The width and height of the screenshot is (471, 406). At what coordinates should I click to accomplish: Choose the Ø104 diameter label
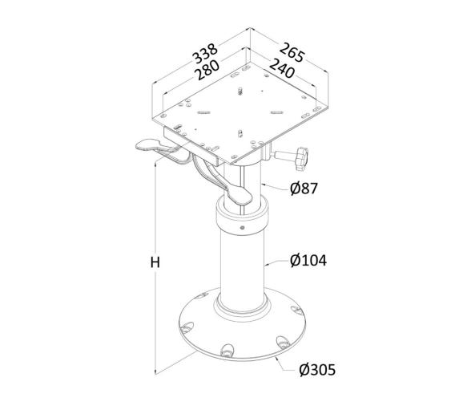(308, 260)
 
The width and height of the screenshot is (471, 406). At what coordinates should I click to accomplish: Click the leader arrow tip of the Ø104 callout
(267, 262)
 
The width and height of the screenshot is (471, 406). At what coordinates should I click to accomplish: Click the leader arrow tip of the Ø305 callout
(279, 358)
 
